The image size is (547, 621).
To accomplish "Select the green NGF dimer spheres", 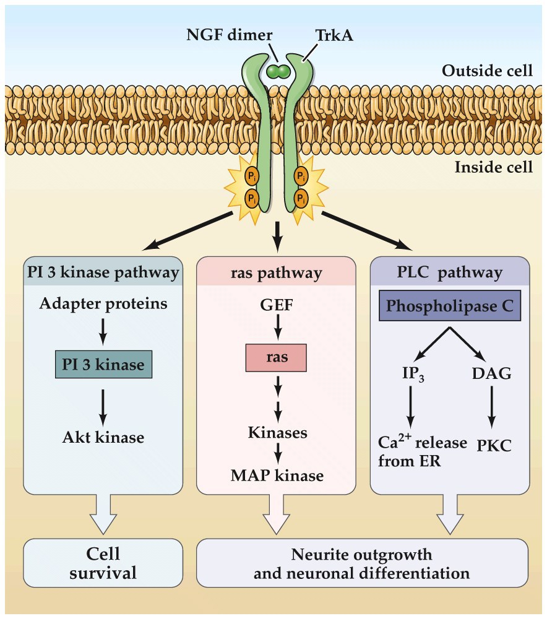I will point(278,72).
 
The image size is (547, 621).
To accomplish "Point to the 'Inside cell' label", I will point(493,167).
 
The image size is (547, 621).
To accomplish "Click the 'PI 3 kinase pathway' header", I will point(103,272).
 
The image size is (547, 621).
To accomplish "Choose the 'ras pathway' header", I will point(277,272).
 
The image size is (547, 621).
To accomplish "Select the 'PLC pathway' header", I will point(449,272).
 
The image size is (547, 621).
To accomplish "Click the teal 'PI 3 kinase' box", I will point(103,365).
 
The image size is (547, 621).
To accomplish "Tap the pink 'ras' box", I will point(276,358).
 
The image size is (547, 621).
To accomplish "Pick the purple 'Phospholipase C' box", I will point(450,306).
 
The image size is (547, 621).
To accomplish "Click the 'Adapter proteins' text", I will point(103,304).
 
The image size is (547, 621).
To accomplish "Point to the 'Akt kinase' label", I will point(103,437).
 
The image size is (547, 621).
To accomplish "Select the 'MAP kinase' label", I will point(277,476).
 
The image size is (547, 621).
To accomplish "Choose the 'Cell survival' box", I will point(103,562).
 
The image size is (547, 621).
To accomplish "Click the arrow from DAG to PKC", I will point(492,407).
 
